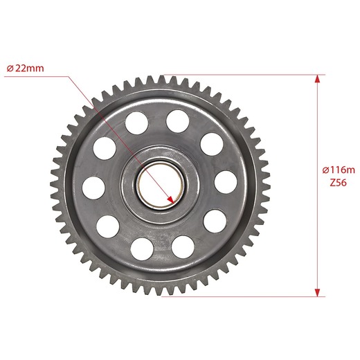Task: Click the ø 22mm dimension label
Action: click(x=25, y=69)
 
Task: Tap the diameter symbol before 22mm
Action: click(x=10, y=69)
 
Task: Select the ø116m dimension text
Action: click(x=339, y=170)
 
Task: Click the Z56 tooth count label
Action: click(x=339, y=183)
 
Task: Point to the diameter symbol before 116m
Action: click(x=325, y=170)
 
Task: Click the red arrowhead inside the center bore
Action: click(x=171, y=200)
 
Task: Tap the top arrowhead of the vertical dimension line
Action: click(x=318, y=79)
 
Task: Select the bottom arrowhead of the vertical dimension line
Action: click(x=318, y=292)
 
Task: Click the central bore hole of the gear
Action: click(x=161, y=186)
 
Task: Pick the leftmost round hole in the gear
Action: click(x=93, y=188)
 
